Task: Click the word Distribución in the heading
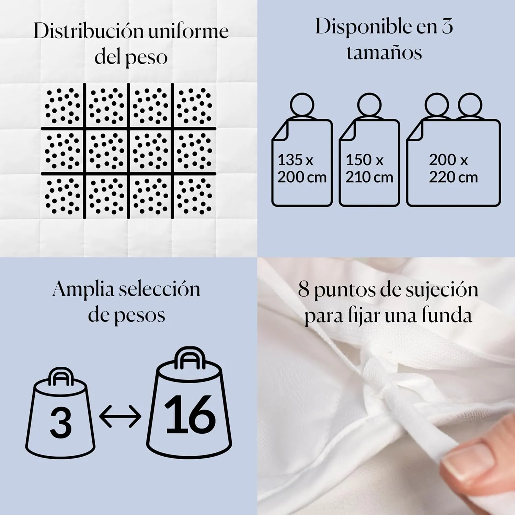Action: click(89, 32)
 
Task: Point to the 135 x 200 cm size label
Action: click(302, 169)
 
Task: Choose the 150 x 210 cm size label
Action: click(369, 169)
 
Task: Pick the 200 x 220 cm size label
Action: click(453, 169)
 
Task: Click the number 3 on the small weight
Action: click(61, 423)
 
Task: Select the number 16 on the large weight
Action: click(190, 414)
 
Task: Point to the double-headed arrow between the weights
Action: click(120, 416)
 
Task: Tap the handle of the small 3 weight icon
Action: click(61, 377)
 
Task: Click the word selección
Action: click(159, 289)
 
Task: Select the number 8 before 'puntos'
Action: click(304, 289)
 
